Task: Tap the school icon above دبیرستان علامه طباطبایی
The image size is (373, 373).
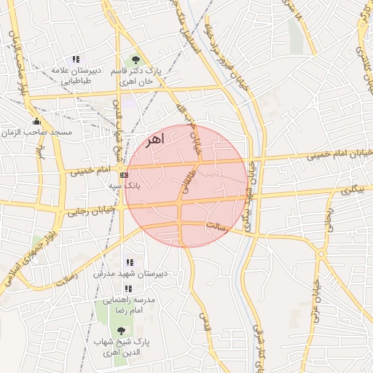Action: point(75,60)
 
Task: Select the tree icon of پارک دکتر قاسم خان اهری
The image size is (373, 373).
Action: point(135,60)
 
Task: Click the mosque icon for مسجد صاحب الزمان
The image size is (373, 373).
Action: point(36,121)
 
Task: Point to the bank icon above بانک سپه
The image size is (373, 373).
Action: point(125,175)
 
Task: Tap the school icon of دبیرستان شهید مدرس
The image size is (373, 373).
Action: point(130,262)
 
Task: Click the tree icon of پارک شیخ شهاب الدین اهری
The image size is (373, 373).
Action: point(121,330)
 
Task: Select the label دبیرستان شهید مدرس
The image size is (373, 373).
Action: point(130,274)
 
